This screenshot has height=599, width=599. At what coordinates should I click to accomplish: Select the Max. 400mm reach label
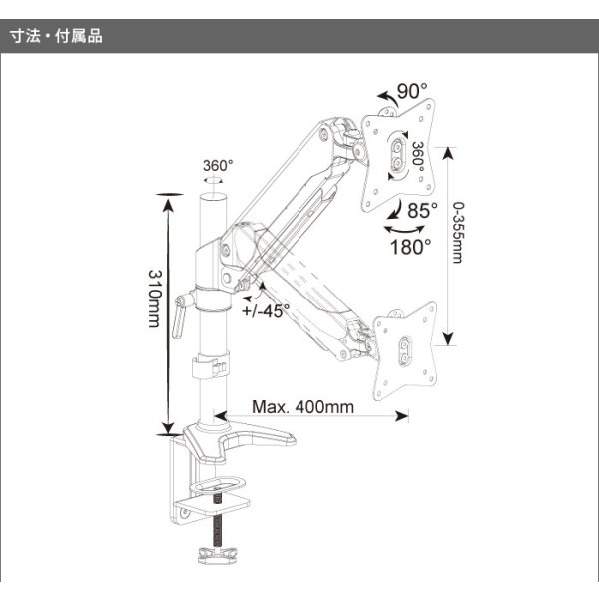[302, 408]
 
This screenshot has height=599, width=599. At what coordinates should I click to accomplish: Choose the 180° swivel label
[411, 246]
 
